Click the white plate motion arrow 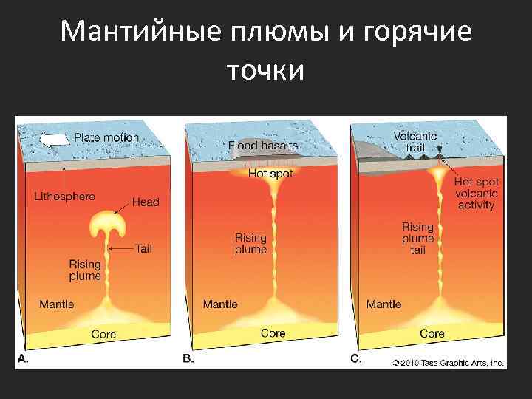(54, 139)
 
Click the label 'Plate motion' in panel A (106, 137)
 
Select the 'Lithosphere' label (64, 197)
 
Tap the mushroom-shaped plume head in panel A (109, 222)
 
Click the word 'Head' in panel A (146, 202)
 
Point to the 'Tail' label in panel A (143, 249)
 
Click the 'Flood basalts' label (263, 146)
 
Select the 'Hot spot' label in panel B (270, 174)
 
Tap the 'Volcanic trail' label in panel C (415, 142)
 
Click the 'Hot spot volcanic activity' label (476, 193)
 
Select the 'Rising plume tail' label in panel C (417, 239)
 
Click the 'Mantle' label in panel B (220, 304)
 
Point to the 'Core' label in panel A (103, 334)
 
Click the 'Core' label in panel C (432, 333)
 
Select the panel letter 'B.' (189, 358)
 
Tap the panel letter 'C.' (355, 358)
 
